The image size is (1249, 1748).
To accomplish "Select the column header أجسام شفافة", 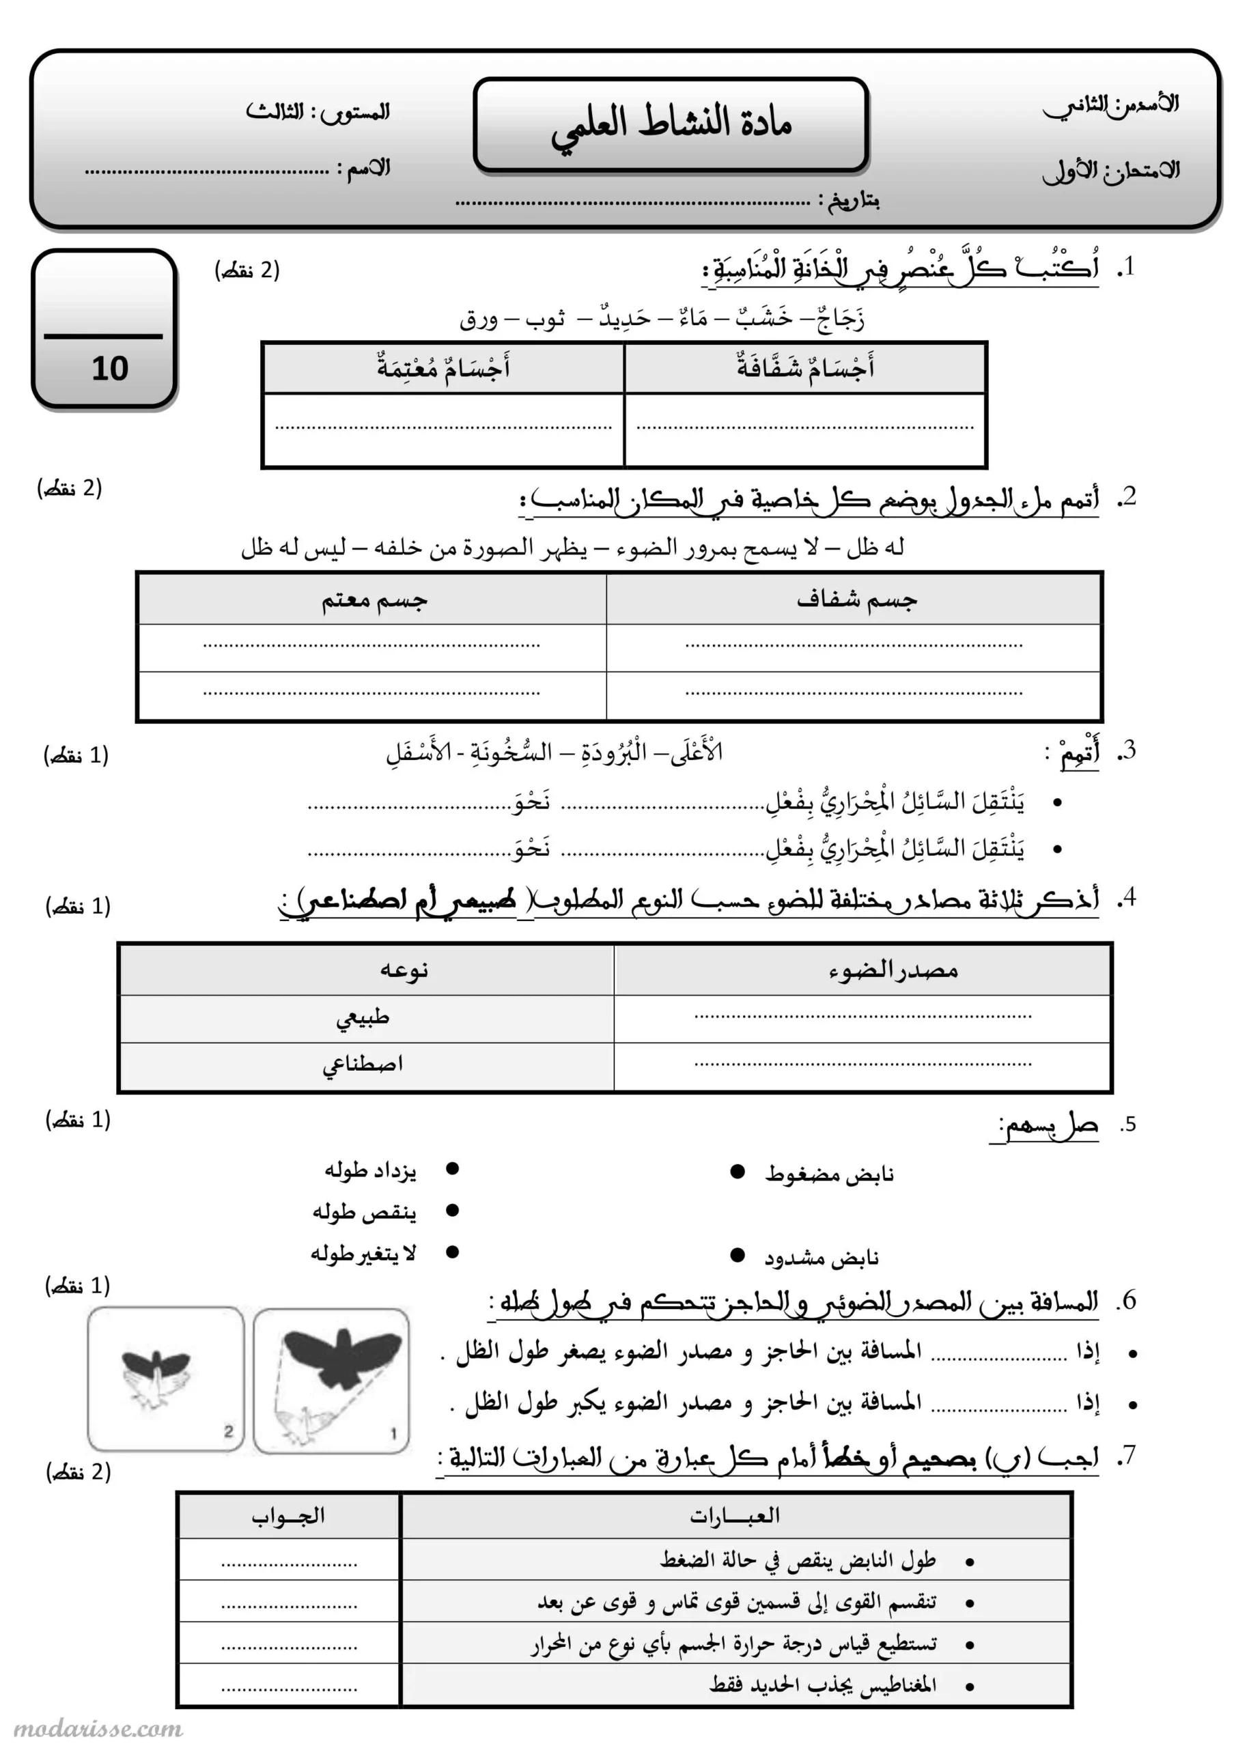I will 805,367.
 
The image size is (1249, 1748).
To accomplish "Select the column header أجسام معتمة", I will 443,367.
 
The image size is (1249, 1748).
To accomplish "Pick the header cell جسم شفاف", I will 856,600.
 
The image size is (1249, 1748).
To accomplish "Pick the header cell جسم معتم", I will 374,600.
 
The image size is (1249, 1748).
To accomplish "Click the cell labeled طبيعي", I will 363,1018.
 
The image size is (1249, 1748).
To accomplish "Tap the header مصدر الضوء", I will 893,970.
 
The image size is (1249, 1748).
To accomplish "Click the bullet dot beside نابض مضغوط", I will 737,1172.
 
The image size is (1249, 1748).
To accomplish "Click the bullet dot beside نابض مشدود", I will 737,1256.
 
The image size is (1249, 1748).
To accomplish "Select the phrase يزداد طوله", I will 370,1170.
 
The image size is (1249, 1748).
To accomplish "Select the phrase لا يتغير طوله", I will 363,1254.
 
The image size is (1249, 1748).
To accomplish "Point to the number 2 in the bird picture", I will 228,1431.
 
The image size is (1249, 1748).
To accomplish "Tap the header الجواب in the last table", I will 288,1516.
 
